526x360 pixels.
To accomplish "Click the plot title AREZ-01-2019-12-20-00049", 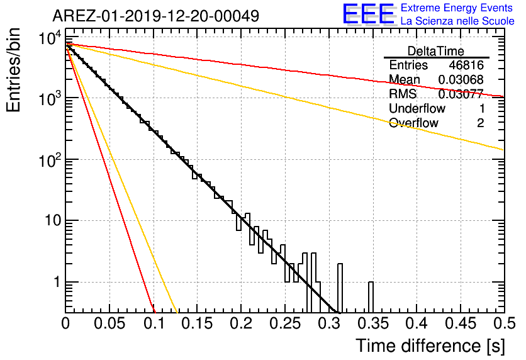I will (155, 16).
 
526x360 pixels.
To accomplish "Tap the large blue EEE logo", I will (369, 15).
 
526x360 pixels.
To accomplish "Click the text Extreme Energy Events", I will (457, 8).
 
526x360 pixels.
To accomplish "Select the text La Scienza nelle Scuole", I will (457, 21).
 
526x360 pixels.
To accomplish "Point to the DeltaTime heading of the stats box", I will (436, 51).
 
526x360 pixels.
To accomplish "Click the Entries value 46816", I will (466, 65).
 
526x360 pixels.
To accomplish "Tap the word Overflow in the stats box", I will (413, 123).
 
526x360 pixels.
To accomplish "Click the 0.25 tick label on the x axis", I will (284, 324).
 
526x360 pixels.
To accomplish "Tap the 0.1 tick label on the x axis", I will (154, 324).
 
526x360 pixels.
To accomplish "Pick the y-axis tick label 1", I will (55, 282).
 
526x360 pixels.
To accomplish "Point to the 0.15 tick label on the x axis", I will (197, 324).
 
